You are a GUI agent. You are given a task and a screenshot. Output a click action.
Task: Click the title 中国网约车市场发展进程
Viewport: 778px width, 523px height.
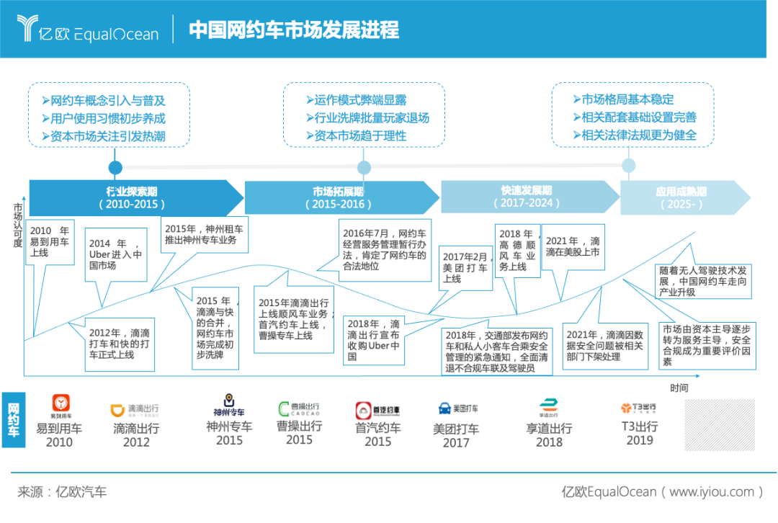point(294,30)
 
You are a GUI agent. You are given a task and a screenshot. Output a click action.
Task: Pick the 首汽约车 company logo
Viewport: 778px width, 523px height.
point(377,411)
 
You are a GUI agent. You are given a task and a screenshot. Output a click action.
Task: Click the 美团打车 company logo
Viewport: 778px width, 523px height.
point(457,408)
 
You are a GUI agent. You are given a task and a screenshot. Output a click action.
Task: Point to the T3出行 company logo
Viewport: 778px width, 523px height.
point(638,408)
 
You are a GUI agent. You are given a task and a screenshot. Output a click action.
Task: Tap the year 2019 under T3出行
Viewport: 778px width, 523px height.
point(640,440)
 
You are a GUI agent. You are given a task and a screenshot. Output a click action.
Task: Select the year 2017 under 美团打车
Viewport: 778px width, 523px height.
point(456,443)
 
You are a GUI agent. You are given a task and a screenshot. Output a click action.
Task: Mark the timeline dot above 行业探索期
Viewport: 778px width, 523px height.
point(115,168)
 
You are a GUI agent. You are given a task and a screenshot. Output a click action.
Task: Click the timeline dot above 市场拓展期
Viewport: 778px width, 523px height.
point(364,168)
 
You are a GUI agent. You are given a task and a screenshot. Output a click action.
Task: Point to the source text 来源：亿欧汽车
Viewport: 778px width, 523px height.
point(62,492)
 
